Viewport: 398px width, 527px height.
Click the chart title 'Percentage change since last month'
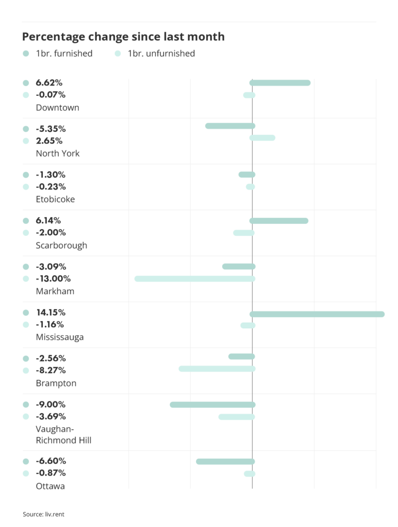point(123,37)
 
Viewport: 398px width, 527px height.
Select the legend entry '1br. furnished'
point(64,54)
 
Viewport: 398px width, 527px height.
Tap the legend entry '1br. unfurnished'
point(161,54)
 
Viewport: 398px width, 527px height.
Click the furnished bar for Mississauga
point(317,314)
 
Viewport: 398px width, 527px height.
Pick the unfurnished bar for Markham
point(195,279)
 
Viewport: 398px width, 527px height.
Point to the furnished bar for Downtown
point(280,83)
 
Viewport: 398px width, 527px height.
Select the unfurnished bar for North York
point(262,138)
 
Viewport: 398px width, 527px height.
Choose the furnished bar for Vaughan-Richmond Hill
point(212,405)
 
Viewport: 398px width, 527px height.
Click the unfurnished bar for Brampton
point(217,368)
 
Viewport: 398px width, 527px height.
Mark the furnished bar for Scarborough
point(279,221)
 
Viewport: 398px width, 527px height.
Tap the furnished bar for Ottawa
point(225,461)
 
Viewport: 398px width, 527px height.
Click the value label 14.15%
point(50,312)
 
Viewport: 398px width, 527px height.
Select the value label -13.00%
point(53,278)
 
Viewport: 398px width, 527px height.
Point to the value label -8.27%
point(50,370)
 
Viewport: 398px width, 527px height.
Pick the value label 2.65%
point(49,140)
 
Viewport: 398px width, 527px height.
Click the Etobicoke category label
point(55,199)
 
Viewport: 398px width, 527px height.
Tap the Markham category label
point(55,291)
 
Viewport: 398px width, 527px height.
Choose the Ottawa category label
point(50,486)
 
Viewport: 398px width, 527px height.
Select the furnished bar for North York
point(230,126)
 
